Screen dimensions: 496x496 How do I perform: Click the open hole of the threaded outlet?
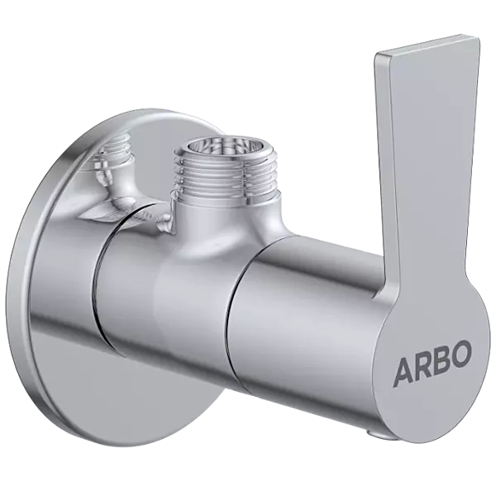tap(208, 151)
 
